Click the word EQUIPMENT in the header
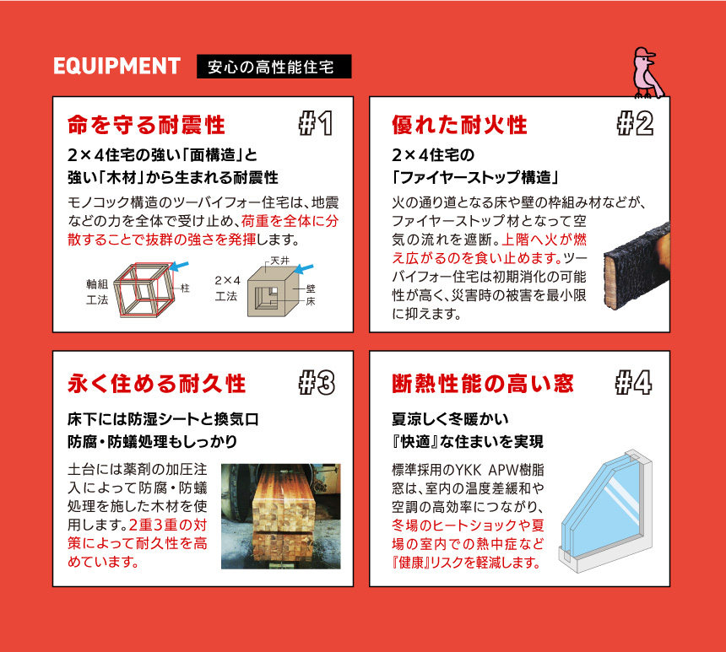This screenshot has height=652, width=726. tap(116, 66)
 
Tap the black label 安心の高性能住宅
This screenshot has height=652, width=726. tap(274, 67)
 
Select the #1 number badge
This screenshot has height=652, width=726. tap(316, 123)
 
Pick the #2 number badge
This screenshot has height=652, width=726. tap(635, 123)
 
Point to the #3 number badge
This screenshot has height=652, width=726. tap(317, 383)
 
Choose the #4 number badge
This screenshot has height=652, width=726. tap(634, 383)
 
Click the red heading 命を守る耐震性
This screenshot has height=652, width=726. tap(146, 125)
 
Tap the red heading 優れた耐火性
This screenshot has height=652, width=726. tap(459, 125)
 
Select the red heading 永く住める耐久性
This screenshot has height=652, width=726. tap(156, 384)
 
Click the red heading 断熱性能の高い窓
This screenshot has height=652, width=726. tap(483, 384)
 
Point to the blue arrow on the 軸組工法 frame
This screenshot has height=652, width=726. tap(179, 267)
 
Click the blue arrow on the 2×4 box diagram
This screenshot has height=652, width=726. tap(304, 269)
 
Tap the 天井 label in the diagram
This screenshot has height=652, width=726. tap(279, 261)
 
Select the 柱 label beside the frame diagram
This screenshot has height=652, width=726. tap(185, 288)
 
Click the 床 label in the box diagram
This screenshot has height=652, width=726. tap(310, 302)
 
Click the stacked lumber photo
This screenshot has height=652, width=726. tap(281, 516)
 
